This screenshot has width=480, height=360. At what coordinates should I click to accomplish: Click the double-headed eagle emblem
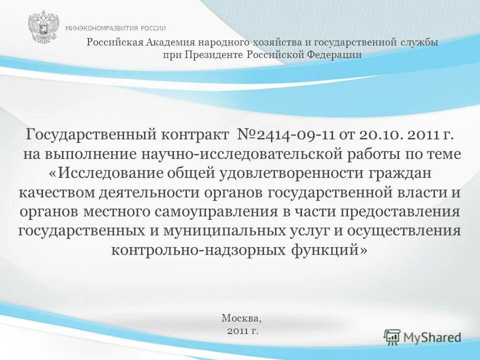point(43,27)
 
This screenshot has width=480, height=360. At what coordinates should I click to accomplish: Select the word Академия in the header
point(169,42)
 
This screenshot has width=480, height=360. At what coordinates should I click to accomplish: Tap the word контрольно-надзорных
point(198,249)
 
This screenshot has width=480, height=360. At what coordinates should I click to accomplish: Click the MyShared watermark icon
point(392,336)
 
